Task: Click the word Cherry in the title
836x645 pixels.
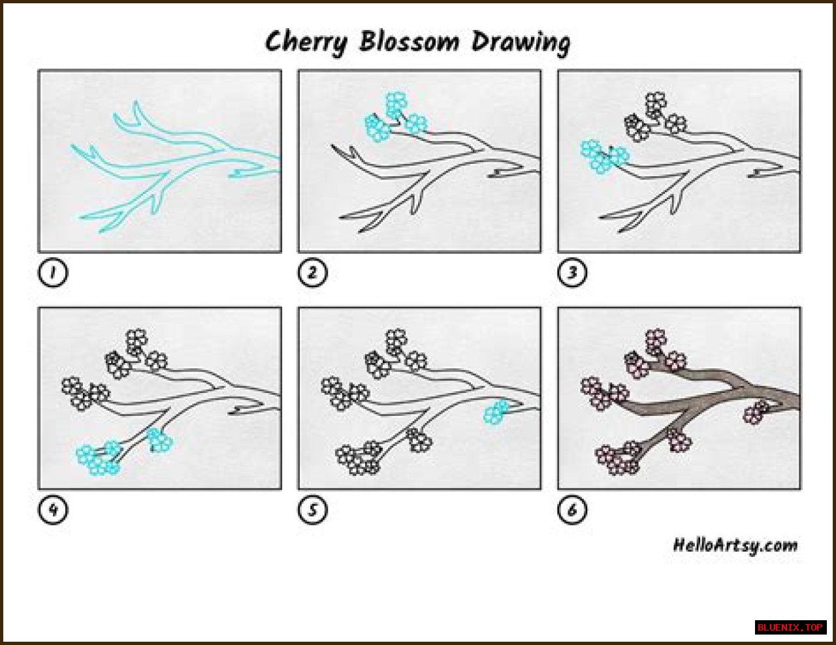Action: tap(306, 42)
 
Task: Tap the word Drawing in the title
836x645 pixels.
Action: tap(521, 42)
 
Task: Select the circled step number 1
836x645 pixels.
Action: tap(53, 272)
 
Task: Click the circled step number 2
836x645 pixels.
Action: tap(312, 272)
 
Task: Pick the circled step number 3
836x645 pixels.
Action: tap(572, 272)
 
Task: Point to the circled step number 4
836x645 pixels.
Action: tap(53, 510)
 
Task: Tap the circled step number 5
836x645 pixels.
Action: tap(312, 510)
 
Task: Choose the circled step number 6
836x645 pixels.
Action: tap(572, 510)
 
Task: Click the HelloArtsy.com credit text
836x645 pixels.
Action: tap(735, 546)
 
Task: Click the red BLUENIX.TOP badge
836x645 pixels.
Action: tap(790, 628)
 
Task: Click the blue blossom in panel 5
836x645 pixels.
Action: tap(496, 411)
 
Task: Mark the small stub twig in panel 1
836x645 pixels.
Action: tap(246, 174)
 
